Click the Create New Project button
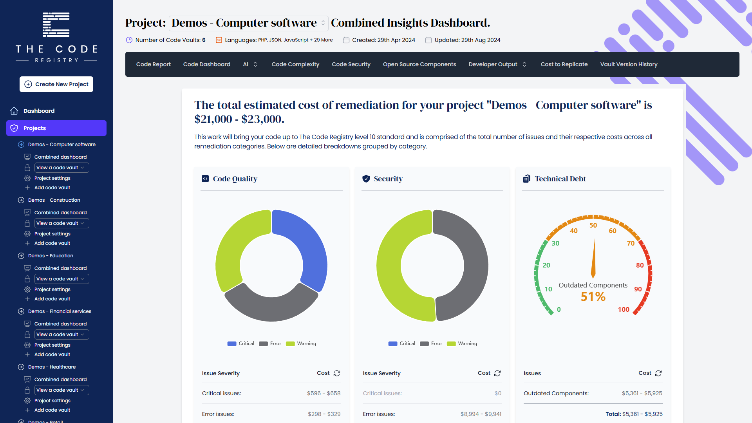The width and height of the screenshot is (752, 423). pos(56,84)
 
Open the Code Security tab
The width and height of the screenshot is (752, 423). pos(351,64)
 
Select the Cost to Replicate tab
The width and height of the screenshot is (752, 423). pos(564,64)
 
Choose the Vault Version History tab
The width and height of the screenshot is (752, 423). pos(629,64)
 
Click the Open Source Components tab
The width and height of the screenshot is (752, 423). pos(419,64)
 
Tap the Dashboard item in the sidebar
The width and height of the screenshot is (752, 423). pos(39,111)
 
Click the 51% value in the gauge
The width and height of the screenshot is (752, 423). pos(593,296)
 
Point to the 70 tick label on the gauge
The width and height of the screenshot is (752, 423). pos(631,243)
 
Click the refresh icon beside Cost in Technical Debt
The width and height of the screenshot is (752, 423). pos(658,373)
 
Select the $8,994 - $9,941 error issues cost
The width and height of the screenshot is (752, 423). pos(481,414)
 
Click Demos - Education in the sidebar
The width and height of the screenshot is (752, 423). pos(51,256)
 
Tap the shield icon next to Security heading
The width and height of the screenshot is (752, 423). pos(366,179)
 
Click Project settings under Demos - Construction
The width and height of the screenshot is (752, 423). pos(52,234)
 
